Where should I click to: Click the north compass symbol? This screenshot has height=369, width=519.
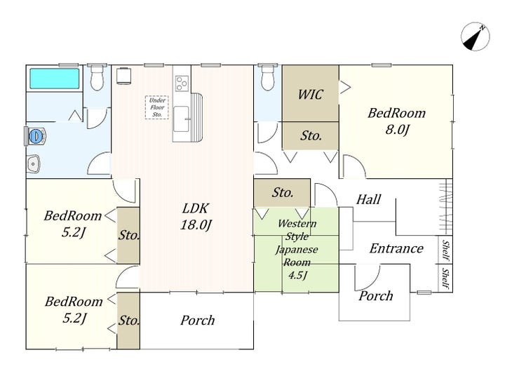coord(475,36)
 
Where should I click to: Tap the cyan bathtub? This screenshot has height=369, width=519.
coord(55,79)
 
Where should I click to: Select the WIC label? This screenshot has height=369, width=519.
coord(310,95)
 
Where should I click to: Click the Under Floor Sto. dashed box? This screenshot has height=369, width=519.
coord(157,107)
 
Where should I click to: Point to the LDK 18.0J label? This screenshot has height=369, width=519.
coord(196,217)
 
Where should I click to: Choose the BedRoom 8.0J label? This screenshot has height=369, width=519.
coord(396,121)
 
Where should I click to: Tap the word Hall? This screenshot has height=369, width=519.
coord(368,199)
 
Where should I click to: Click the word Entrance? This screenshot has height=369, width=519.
coord(396,248)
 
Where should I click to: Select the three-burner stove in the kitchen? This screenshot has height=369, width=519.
coord(182,83)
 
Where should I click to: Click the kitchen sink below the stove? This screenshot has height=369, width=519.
coord(182,119)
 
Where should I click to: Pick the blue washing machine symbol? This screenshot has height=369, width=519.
coord(35,136)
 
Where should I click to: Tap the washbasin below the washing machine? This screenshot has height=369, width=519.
coord(34,163)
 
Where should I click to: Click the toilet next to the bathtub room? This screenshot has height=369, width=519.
coord(97,77)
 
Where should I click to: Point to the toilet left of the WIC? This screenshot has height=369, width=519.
coord(267,77)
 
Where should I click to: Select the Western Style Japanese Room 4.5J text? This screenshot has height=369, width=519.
coord(297,249)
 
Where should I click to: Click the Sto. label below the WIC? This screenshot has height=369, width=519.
coord(311,135)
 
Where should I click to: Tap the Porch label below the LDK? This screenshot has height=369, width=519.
coord(198,321)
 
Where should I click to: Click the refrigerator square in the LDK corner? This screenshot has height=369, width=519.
coord(124,76)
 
